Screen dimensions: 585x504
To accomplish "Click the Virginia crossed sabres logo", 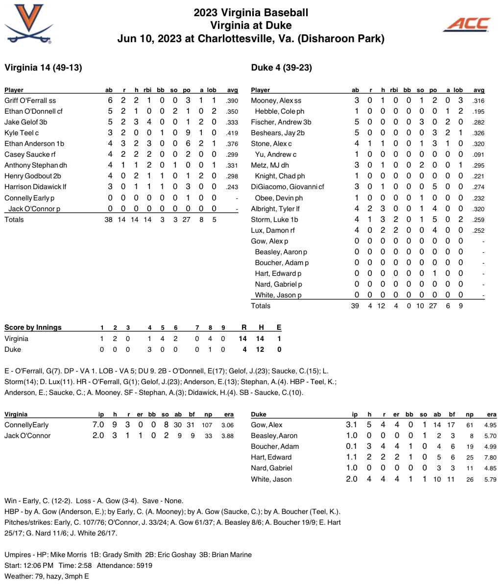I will [x=29, y=24].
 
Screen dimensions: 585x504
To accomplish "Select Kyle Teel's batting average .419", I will [x=232, y=133].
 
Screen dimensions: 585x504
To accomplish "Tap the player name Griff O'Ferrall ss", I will [x=34, y=100].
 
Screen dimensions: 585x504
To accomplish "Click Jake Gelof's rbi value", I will [x=148, y=122].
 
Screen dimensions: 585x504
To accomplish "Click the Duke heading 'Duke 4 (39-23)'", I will [x=281, y=68].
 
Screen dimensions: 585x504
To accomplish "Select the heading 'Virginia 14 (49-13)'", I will [x=43, y=68].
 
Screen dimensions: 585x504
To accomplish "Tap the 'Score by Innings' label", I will [x=33, y=327].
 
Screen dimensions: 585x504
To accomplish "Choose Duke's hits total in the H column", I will [x=262, y=349].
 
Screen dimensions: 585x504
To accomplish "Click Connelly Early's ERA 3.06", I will [x=227, y=425].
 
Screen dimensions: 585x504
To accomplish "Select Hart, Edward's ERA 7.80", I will [x=490, y=458].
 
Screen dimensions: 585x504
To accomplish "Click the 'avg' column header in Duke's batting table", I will [x=479, y=90].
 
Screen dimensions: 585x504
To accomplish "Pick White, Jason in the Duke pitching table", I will [x=271, y=479].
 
